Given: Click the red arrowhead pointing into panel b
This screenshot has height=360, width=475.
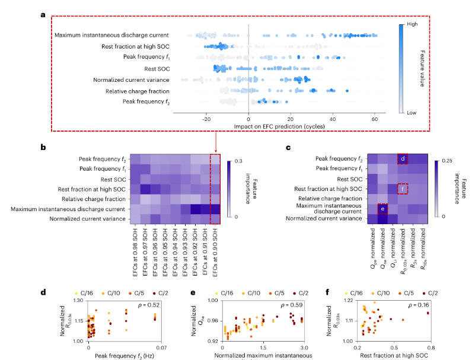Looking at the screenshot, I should point(215,152).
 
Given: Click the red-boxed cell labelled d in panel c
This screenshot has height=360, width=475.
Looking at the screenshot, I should point(402,159).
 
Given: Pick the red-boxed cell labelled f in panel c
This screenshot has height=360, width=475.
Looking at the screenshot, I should point(402,189).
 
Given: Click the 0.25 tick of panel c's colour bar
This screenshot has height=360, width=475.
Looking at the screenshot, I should point(449,160).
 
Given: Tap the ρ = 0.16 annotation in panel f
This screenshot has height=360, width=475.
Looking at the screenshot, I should point(419,305).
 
